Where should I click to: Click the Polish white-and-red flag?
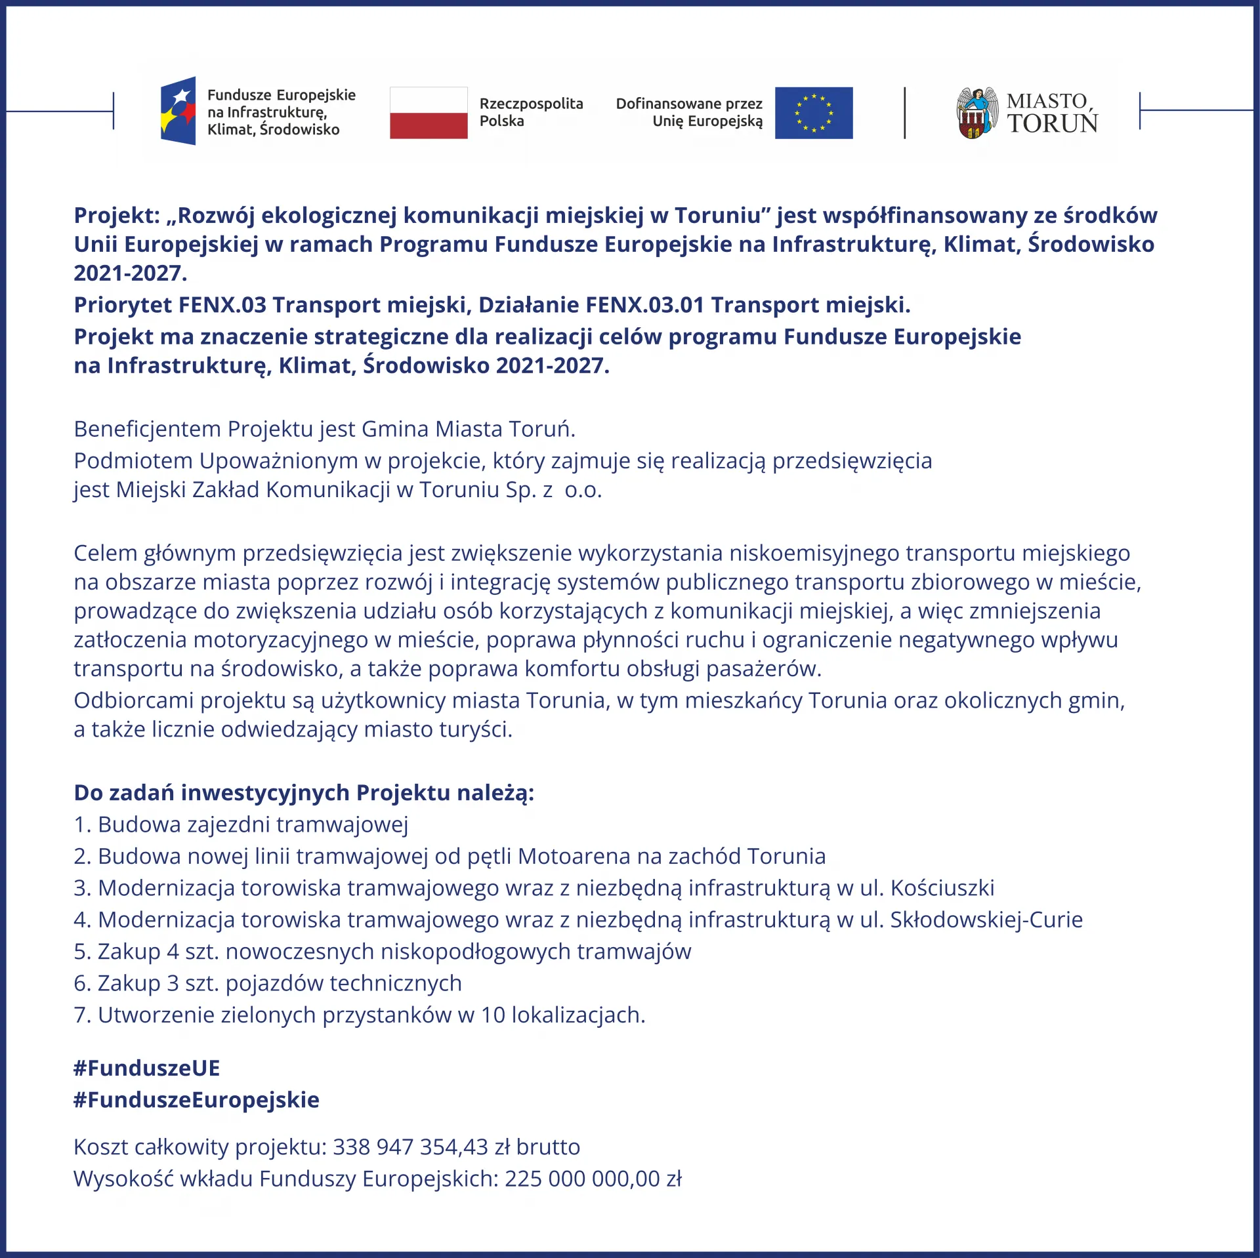coord(429,113)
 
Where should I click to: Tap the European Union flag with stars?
coord(814,113)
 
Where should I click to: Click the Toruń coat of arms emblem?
coord(976,113)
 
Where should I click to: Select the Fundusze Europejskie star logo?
coord(178,111)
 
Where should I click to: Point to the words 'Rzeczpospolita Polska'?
coord(531,112)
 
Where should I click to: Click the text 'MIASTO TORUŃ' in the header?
coord(1052,113)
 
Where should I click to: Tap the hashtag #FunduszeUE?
coord(146,1068)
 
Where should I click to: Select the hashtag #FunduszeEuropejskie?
coord(196,1099)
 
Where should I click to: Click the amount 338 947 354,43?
coord(410,1146)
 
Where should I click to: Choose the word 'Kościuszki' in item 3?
coord(942,887)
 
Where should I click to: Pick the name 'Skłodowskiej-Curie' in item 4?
coord(986,920)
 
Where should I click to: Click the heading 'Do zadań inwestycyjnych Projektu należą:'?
coord(304,792)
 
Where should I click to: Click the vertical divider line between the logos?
coord(904,113)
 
